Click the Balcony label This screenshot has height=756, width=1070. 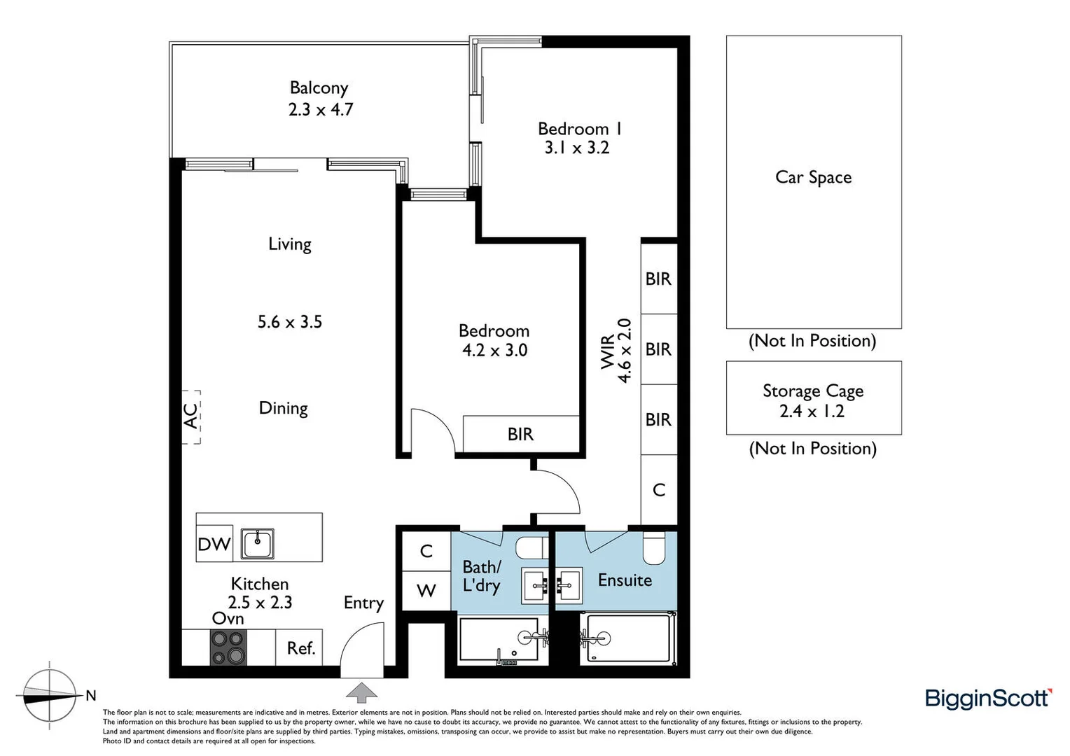point(319,88)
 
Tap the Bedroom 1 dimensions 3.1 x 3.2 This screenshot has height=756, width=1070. point(577,148)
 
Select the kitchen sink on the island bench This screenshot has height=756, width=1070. point(258,544)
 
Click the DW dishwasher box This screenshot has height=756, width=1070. point(214,544)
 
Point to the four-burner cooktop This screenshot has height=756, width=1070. point(228,647)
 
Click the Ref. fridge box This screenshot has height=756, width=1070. point(301,648)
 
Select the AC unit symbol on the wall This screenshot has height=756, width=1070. point(191,416)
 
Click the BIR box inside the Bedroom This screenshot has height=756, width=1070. point(520,434)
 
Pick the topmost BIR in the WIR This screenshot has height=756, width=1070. point(658,279)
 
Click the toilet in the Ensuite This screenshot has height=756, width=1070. point(653,547)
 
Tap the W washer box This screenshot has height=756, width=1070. point(426,591)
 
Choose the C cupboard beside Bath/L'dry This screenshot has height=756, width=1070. point(426,552)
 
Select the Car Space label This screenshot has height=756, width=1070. point(813,178)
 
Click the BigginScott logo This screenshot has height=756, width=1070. point(987,699)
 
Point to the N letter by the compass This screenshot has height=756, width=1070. point(90,696)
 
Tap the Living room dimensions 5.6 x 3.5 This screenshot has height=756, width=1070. point(289,322)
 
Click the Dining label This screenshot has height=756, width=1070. point(283,408)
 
